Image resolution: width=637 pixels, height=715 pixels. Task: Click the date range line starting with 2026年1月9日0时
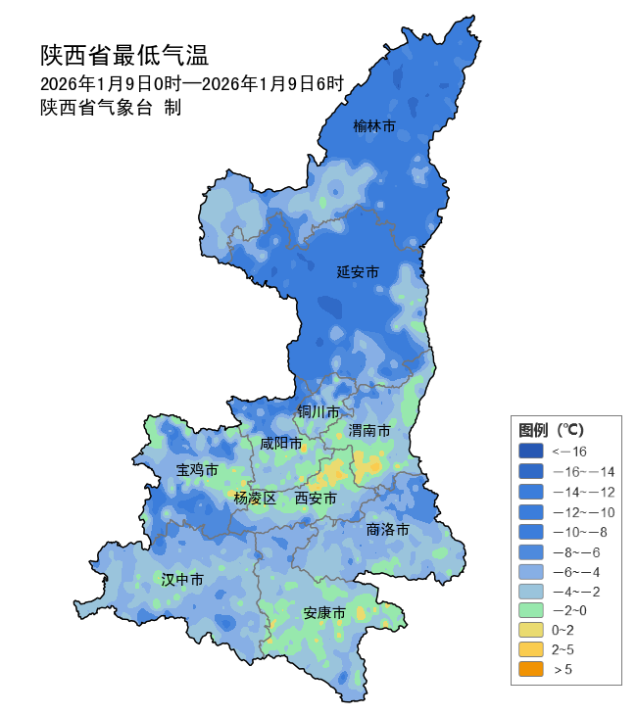tap(192, 84)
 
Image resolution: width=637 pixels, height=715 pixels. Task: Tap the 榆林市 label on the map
tap(374, 126)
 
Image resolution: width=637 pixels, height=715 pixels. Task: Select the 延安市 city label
tap(358, 271)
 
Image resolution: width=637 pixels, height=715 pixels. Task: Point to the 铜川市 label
tap(318, 411)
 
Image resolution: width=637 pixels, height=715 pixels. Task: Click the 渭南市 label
tap(369, 431)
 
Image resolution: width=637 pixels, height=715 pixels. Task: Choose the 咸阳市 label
tap(280, 444)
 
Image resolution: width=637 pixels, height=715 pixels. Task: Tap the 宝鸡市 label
tap(196, 470)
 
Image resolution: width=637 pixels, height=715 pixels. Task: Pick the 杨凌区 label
tap(255, 499)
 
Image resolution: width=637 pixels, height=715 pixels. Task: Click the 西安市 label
tap(316, 499)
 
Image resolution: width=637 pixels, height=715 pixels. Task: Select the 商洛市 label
tap(387, 529)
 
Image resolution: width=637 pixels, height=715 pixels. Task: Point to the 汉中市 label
tap(182, 580)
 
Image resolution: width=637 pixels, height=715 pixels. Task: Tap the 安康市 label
tap(324, 613)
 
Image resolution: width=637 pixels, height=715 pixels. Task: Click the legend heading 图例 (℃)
tap(551, 430)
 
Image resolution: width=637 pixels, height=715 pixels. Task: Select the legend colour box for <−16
tap(530, 451)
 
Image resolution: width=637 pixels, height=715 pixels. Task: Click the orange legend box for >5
tap(530, 670)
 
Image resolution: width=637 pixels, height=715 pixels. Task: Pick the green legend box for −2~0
tap(530, 610)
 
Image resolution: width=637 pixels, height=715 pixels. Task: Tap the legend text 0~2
tap(563, 630)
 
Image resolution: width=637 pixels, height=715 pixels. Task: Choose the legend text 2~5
tap(563, 649)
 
